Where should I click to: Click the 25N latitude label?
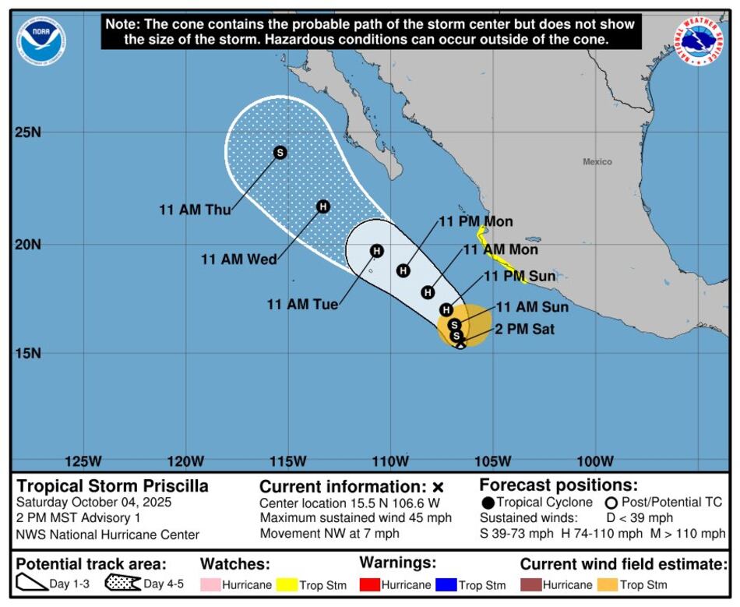[x=28, y=132]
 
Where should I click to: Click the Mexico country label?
[x=597, y=162]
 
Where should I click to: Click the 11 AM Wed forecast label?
[x=238, y=259]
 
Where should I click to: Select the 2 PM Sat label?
[x=525, y=330]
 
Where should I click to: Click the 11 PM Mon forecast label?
[x=475, y=222]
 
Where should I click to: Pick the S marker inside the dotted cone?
[x=280, y=153]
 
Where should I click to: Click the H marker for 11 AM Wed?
[x=323, y=206]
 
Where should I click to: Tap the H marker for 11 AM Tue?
[x=377, y=251]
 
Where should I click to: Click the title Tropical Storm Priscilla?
[x=113, y=486]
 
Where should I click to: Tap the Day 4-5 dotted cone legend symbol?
[x=122, y=584]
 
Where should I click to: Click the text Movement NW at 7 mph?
[x=329, y=534]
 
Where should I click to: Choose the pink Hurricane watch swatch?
[x=210, y=584]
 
